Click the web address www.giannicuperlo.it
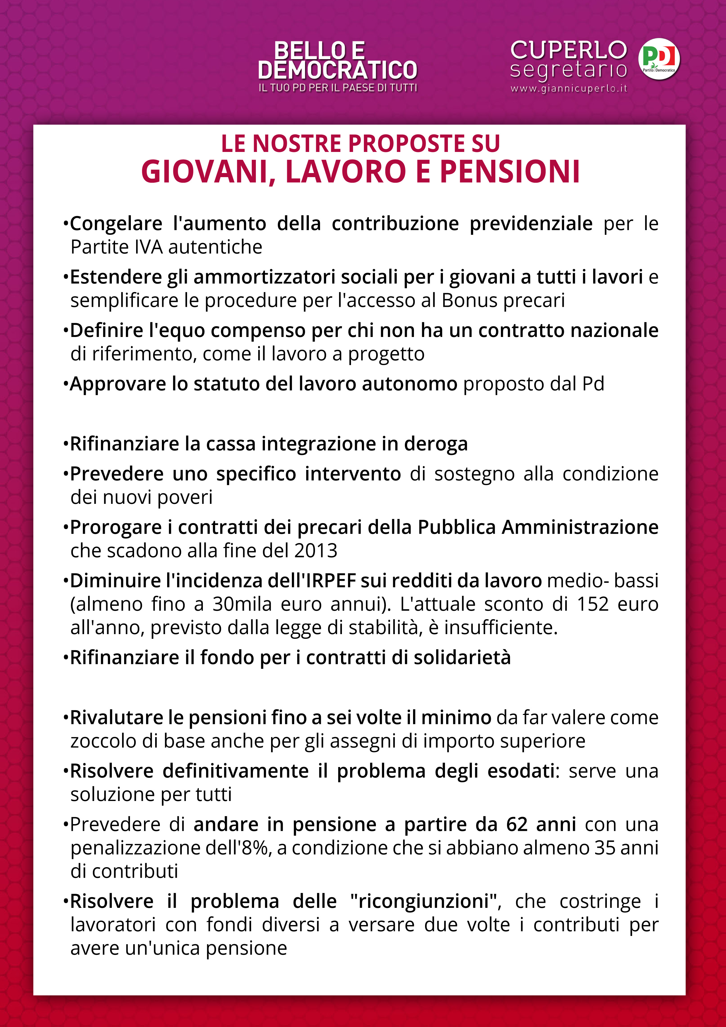click(569, 89)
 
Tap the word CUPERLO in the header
click(569, 50)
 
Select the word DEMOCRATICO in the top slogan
click(337, 70)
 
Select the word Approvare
click(118, 384)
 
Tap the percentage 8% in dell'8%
click(256, 848)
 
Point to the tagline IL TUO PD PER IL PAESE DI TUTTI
click(338, 88)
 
